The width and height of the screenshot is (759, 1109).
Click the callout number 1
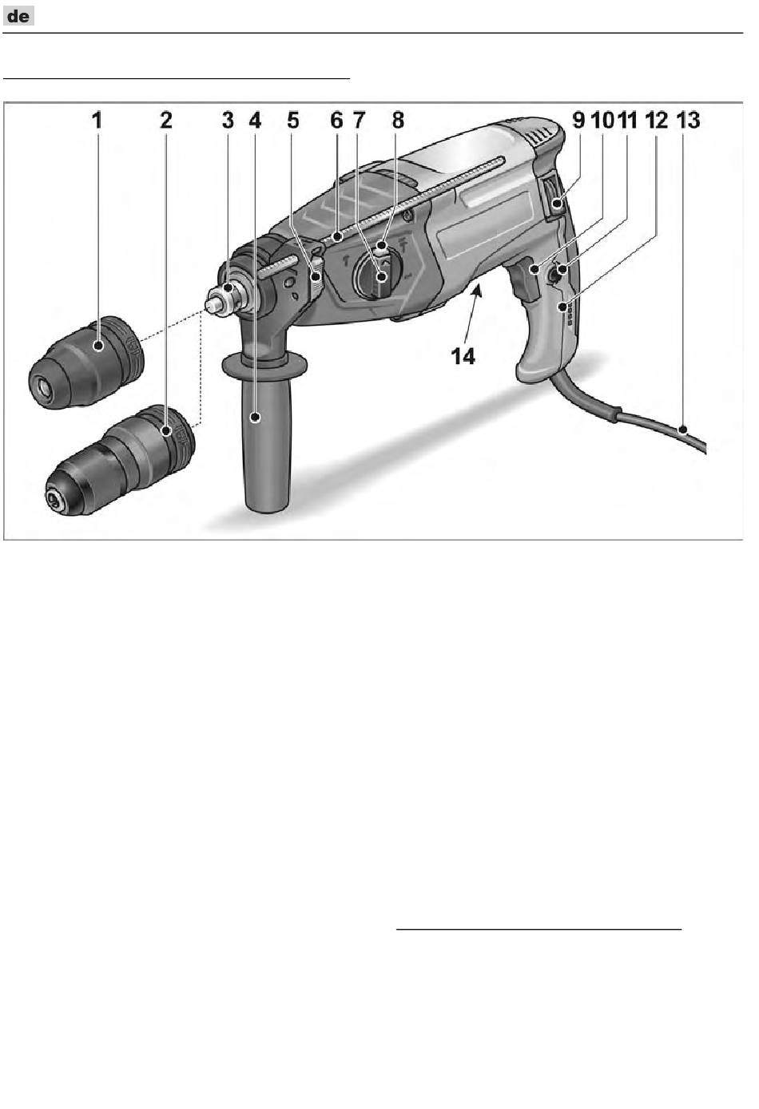[x=97, y=121]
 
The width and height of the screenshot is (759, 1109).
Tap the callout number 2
[x=166, y=121]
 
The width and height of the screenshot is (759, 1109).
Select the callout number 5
[x=293, y=121]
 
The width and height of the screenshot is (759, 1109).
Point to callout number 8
[x=398, y=121]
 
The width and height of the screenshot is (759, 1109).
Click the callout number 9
[x=578, y=121]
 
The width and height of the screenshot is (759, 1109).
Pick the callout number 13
[x=689, y=121]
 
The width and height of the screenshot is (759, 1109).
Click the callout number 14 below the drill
[x=463, y=356]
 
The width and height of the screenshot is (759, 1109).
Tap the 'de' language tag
[x=18, y=16]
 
